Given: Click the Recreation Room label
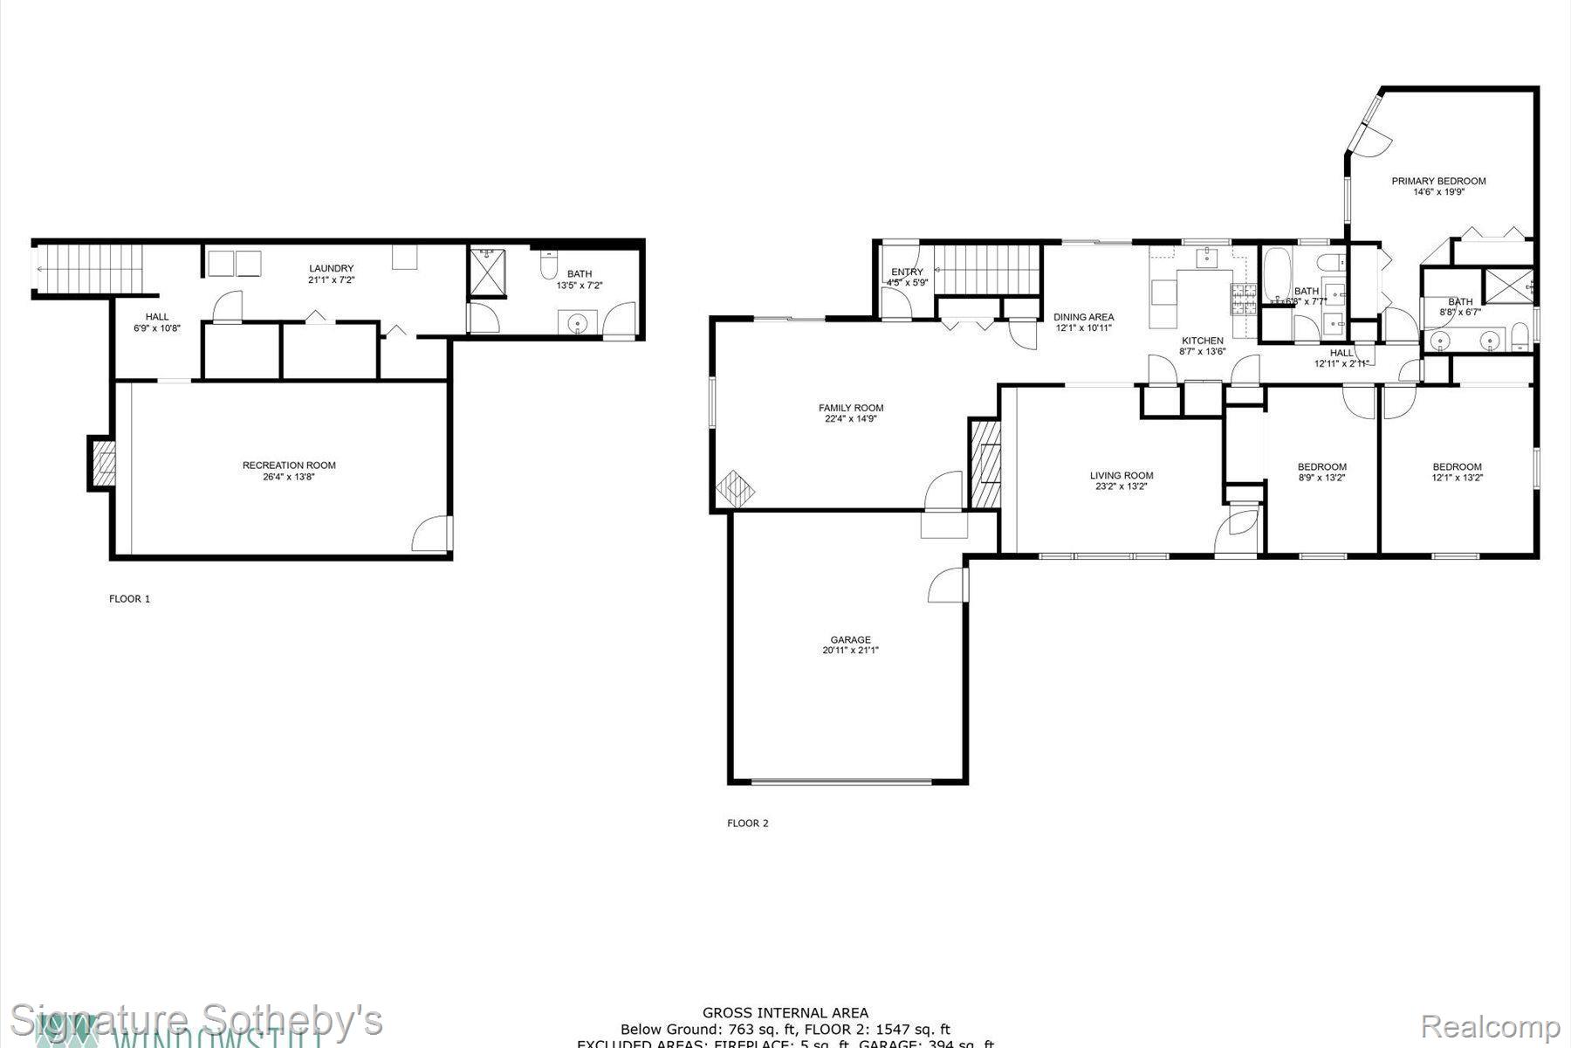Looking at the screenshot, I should (x=289, y=465).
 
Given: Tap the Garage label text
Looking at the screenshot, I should (x=850, y=640).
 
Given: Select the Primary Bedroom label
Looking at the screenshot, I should (x=1438, y=182).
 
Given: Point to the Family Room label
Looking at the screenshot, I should (x=851, y=408).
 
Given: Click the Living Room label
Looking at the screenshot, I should (x=1122, y=476).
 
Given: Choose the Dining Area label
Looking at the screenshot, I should (x=1083, y=317).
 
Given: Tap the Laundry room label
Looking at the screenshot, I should (x=331, y=268).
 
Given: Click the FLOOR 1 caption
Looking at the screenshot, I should (x=129, y=599).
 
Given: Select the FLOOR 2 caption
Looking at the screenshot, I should (x=748, y=823).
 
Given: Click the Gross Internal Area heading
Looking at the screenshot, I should (x=785, y=1013).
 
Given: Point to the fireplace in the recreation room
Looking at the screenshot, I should (x=101, y=463).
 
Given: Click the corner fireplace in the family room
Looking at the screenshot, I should (x=735, y=489).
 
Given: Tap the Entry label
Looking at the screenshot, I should (x=907, y=272).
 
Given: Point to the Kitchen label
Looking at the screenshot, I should (x=1202, y=341).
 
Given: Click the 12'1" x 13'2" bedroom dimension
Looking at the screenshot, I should (x=1457, y=478).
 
